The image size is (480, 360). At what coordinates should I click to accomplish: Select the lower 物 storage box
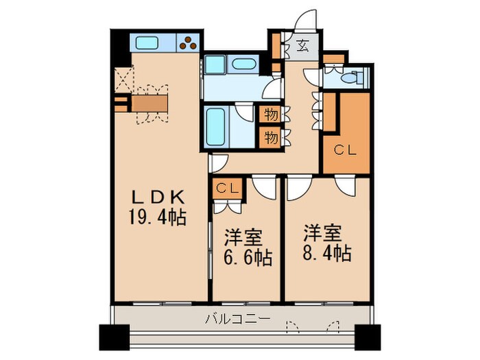pyautogui.click(x=271, y=137)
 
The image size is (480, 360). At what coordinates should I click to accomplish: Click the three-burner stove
pyautogui.click(x=187, y=43)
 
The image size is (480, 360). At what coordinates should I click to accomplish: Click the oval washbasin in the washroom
pyautogui.click(x=243, y=65)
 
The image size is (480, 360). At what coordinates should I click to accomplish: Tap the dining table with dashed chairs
pyautogui.click(x=150, y=104)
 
